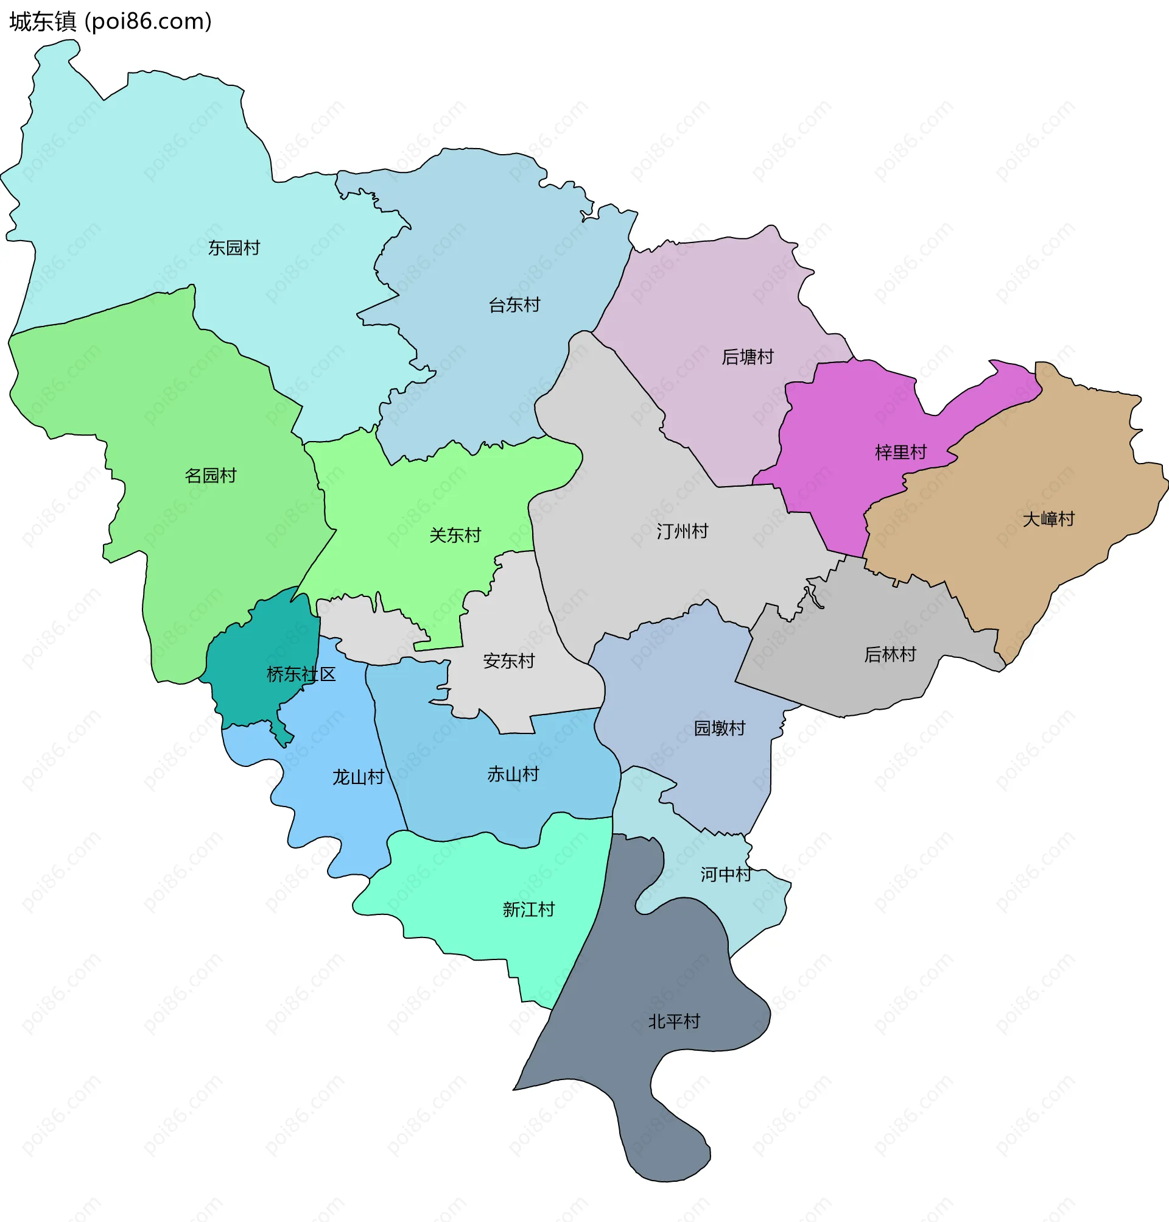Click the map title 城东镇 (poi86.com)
[x=110, y=22]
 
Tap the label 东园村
[x=234, y=248]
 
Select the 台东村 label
[x=514, y=306]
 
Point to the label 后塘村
[x=747, y=357]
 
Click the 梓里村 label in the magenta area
[x=900, y=453]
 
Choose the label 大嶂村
[x=1048, y=520]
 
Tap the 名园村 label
[x=211, y=476]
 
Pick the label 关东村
[x=455, y=535]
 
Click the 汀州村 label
[x=682, y=532]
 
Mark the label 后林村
[x=890, y=655]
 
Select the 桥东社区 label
[x=301, y=674]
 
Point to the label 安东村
[x=508, y=662]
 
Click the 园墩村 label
[x=719, y=728]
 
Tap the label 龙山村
[x=357, y=777]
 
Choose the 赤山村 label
[x=513, y=775]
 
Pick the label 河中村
[x=725, y=875]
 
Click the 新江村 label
[x=528, y=910]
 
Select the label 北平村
[x=673, y=1022]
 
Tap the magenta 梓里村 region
[x=841, y=424]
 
